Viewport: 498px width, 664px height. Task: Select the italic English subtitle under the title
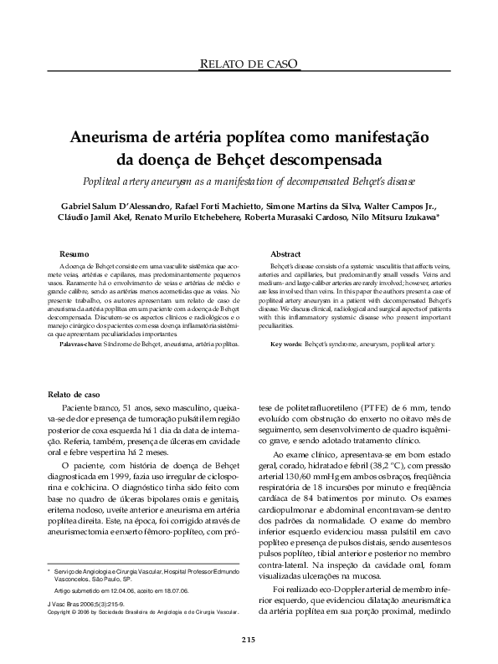pyautogui.click(x=249, y=181)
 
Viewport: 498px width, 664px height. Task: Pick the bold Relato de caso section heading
pyautogui.click(x=74, y=393)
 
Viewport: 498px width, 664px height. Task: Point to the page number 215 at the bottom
pyautogui.click(x=249, y=640)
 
